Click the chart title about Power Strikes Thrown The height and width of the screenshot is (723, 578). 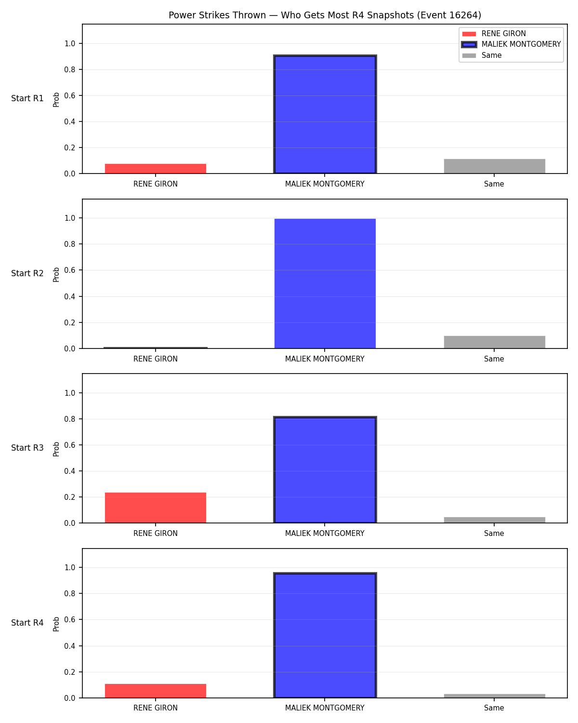pos(325,15)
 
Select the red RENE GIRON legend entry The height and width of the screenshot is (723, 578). pos(494,34)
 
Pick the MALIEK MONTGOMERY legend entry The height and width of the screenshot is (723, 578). pos(511,44)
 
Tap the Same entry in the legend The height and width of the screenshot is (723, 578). pos(482,55)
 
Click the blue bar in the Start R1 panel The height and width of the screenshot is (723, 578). pos(325,114)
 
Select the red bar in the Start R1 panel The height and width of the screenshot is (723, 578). pos(156,169)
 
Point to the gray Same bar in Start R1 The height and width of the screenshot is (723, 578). pos(494,166)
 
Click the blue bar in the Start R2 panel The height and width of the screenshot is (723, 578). pos(325,283)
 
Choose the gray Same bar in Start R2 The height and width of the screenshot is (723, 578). pos(494,342)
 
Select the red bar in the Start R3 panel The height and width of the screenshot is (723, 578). pos(156,508)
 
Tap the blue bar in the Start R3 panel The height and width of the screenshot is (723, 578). pos(325,469)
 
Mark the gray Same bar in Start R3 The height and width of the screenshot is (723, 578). pos(494,520)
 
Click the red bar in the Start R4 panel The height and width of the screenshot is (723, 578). pos(156,691)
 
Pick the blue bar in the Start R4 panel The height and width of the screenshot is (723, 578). pos(325,635)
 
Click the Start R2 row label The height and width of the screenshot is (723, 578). pos(27,273)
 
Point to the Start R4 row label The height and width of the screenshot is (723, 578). pos(27,623)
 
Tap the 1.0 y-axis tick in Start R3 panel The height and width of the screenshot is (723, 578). pos(70,393)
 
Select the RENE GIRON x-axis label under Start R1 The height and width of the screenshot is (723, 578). pos(156,184)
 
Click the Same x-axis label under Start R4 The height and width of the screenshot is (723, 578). pos(494,708)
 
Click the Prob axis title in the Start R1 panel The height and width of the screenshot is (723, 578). pos(56,99)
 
